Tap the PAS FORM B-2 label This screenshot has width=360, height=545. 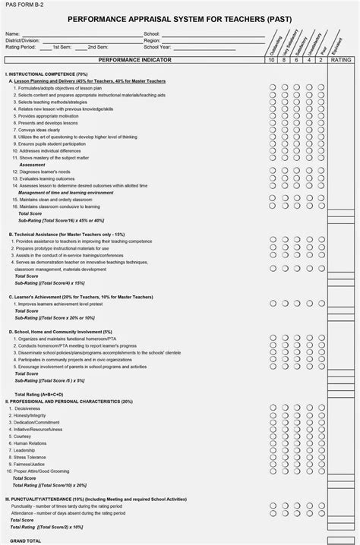point(24,5)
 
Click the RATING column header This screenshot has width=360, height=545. point(343,59)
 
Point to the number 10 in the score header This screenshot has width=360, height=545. point(273,59)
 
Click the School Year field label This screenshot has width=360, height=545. point(160,47)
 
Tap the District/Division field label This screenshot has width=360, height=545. point(22,41)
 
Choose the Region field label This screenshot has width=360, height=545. point(154,41)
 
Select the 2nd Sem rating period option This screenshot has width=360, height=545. point(96,47)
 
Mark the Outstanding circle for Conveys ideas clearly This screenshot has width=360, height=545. point(273,130)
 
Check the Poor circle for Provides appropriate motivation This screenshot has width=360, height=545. point(321,116)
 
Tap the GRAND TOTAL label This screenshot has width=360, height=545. point(24,540)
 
